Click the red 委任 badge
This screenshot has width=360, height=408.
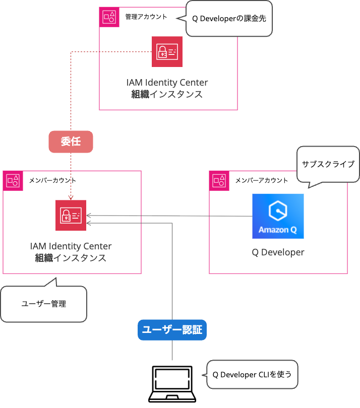pyautogui.click(x=71, y=142)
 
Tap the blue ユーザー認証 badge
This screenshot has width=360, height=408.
pyautogui.click(x=172, y=330)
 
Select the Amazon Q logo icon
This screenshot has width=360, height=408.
pyautogui.click(x=278, y=216)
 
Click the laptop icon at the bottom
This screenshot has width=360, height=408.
pyautogui.click(x=172, y=384)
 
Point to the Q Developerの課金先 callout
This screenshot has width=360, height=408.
pyautogui.click(x=229, y=18)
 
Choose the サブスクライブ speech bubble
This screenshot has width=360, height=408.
pyautogui.click(x=328, y=164)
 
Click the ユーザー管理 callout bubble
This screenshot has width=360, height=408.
pyautogui.click(x=44, y=304)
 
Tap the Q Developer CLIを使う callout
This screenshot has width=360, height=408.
pyautogui.click(x=252, y=374)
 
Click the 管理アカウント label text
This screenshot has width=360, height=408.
pyautogui.click(x=146, y=17)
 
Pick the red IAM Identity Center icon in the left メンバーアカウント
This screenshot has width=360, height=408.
pyautogui.click(x=71, y=215)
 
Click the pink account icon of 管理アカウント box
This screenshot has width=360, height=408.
pyautogui.click(x=109, y=17)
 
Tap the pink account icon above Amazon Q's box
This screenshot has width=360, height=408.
pyautogui.click(x=219, y=180)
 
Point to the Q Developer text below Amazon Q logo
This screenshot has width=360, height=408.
pyautogui.click(x=278, y=252)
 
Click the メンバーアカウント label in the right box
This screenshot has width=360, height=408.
pyautogui.click(x=262, y=180)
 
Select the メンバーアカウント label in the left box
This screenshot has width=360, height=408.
pyautogui.click(x=53, y=180)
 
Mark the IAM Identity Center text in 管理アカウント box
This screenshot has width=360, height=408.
pyautogui.click(x=167, y=83)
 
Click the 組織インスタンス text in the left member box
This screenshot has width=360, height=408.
pyautogui.click(x=71, y=258)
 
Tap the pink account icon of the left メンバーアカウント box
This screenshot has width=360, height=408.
pyautogui.click(x=13, y=180)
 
